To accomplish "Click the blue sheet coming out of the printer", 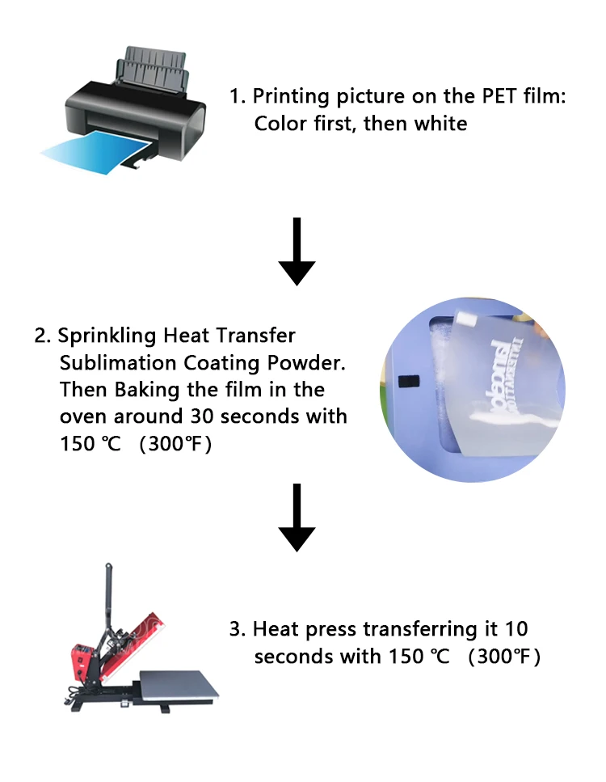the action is click(x=89, y=154).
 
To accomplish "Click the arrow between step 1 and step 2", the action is click(x=297, y=251).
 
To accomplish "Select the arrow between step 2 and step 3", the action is click(x=297, y=518).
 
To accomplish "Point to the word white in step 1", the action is click(x=440, y=124).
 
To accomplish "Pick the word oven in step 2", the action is click(x=84, y=416).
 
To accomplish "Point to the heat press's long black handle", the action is click(x=106, y=598).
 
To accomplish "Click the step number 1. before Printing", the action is click(x=237, y=96).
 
